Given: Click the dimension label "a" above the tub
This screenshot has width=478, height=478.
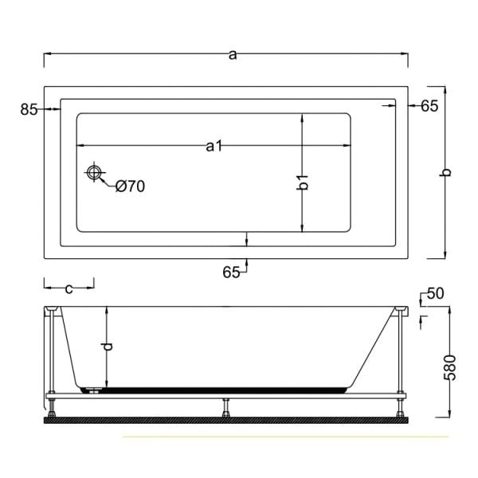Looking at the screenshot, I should point(232,54).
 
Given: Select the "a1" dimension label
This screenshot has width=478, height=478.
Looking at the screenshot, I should point(213,146).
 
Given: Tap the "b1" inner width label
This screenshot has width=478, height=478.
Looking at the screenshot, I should point(302,182).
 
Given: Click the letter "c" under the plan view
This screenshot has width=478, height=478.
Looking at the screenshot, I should point(69,288).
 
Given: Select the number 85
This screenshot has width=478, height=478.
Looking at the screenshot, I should point(29,110).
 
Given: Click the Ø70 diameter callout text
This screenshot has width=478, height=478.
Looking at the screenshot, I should point(129,186).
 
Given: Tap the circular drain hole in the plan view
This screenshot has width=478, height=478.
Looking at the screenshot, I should point(96,173).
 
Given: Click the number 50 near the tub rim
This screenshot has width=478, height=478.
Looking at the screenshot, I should point(435,293).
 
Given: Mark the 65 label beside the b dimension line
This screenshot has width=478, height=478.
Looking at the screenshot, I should point(429,106).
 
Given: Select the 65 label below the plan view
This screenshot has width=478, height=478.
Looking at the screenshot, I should point(231,272).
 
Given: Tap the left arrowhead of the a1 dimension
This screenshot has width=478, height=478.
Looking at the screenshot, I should point(80,146).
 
